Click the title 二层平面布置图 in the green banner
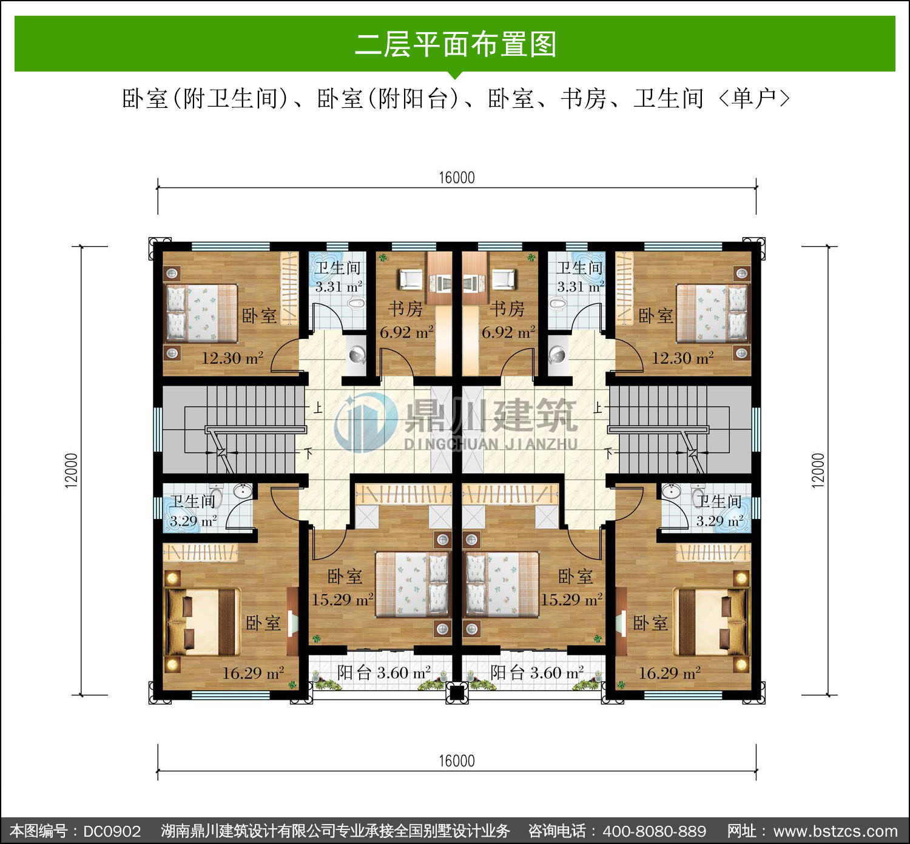[456, 44]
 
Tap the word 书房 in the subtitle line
[583, 98]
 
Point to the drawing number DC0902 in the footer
[112, 831]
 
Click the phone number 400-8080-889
[655, 831]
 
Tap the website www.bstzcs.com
[835, 831]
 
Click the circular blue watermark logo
[365, 422]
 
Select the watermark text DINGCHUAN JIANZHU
[490, 444]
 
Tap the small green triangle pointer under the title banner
[455, 75]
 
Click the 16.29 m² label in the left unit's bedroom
[254, 673]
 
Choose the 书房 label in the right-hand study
[507, 309]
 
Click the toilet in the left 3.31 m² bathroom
[356, 303]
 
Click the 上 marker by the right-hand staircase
[598, 407]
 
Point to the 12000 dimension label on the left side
[72, 471]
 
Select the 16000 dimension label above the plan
[457, 178]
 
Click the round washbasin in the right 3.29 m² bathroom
[671, 491]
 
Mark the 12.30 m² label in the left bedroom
[233, 358]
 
